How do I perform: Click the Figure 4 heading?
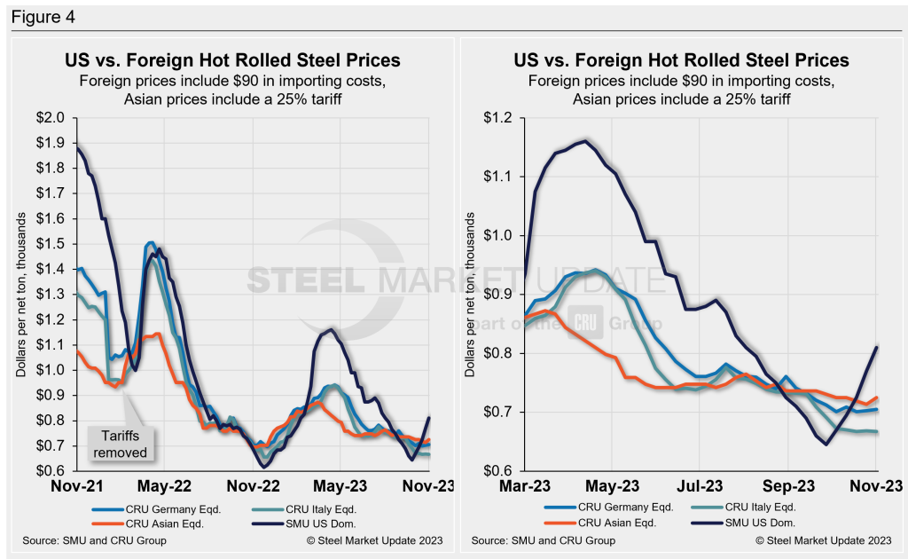36,16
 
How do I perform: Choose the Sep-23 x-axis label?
789,487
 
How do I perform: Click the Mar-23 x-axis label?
526,487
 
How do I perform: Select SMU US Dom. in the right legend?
755,523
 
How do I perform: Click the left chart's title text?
232,60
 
